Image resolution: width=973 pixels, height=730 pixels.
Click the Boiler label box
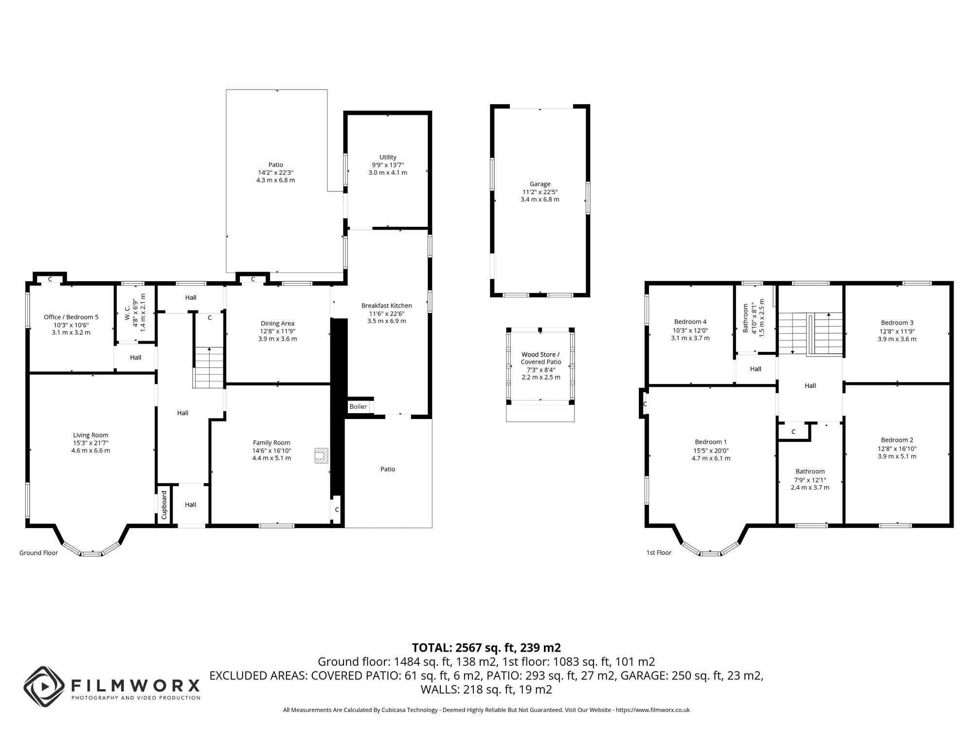[359, 406]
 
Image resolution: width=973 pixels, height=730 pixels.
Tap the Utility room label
[388, 157]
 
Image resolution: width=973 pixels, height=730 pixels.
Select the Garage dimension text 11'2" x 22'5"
[540, 192]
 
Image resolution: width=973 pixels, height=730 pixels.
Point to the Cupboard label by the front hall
[164, 505]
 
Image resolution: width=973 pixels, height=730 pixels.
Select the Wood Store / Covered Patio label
[541, 358]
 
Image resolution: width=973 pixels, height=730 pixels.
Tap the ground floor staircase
[209, 367]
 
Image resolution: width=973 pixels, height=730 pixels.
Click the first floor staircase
[810, 333]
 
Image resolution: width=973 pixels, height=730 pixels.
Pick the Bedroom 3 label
[897, 323]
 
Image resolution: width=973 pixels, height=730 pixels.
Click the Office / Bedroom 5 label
[71, 317]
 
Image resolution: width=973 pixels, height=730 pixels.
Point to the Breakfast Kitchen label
[387, 306]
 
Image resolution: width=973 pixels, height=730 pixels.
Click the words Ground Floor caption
[38, 553]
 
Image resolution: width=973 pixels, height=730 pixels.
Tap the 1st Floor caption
[659, 553]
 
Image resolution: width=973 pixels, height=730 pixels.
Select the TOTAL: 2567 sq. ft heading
[486, 648]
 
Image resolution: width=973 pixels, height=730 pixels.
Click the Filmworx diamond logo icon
[44, 687]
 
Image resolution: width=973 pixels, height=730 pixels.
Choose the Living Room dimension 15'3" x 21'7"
[90, 443]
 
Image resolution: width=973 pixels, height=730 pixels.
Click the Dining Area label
[277, 323]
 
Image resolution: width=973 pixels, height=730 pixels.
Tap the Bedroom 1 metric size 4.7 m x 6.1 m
[711, 458]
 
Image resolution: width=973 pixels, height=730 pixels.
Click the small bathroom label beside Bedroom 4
[745, 318]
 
